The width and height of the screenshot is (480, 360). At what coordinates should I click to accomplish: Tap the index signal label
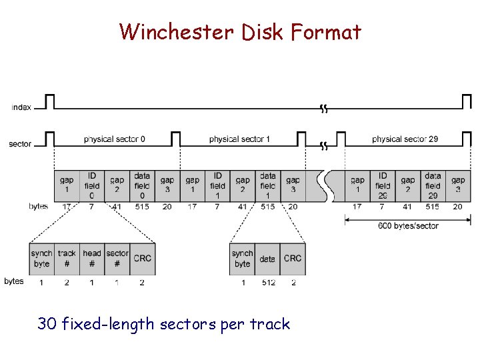click(21, 107)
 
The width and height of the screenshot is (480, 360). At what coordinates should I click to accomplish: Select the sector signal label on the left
click(20, 144)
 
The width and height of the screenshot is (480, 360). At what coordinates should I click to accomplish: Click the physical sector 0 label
click(115, 139)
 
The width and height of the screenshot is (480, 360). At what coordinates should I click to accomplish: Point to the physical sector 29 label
click(405, 139)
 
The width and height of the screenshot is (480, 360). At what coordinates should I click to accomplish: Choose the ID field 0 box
click(91, 186)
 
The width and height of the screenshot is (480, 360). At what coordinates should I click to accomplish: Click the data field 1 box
click(267, 186)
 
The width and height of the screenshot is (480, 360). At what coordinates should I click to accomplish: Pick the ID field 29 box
click(383, 186)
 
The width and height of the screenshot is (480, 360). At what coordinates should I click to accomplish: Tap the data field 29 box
click(433, 186)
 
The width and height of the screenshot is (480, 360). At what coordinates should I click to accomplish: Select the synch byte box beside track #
click(41, 259)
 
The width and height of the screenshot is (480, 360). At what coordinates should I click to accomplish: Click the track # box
click(67, 259)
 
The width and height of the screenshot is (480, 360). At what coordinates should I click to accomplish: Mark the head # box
click(92, 259)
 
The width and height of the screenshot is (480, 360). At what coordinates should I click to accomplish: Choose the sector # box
click(117, 259)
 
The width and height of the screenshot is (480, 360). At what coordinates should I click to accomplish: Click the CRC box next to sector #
click(143, 259)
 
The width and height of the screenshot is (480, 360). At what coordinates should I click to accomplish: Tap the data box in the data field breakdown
click(267, 259)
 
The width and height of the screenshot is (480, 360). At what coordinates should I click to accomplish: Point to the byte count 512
click(267, 282)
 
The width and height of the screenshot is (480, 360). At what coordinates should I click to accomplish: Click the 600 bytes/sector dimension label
click(408, 226)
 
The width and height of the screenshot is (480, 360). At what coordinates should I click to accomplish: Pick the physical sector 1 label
click(239, 139)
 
